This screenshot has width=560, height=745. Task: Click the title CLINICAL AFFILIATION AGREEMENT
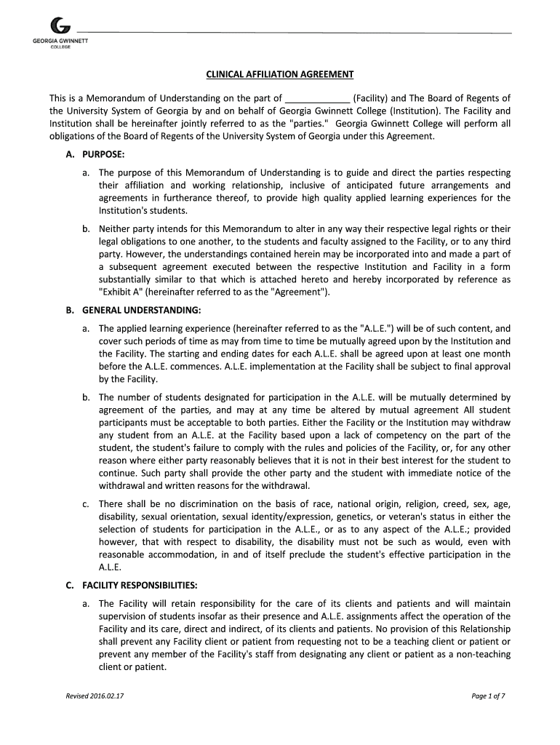pyautogui.click(x=279, y=75)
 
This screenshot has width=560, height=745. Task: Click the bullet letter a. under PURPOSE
pyautogui.click(x=86, y=173)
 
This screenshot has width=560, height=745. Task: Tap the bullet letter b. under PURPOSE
pyautogui.click(x=86, y=228)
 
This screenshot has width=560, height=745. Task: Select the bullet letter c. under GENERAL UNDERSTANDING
pyautogui.click(x=86, y=504)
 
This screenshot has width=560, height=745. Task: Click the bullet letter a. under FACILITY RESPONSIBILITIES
pyautogui.click(x=86, y=604)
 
